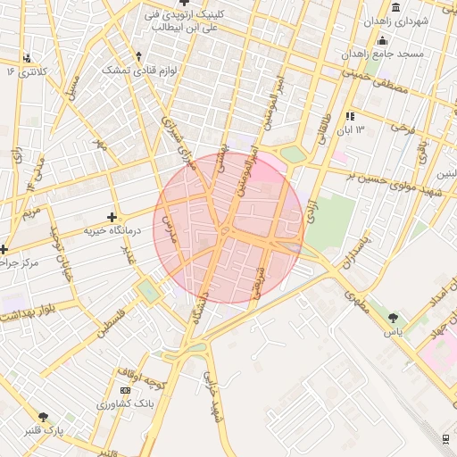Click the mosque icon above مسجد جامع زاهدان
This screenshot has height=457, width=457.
coord(383,40)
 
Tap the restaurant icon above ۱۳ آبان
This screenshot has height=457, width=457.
coord(351,116)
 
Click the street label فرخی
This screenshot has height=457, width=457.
coord(405,129)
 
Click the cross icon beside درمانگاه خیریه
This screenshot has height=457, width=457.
coord(112,217)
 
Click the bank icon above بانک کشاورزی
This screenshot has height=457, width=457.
coord(125,391)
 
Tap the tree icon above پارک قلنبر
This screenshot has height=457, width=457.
coord(44,417)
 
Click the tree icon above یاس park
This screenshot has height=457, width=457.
coord(393,317)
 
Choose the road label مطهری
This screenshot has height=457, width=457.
coord(353,302)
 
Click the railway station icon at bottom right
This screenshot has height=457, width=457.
coord(445,437)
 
